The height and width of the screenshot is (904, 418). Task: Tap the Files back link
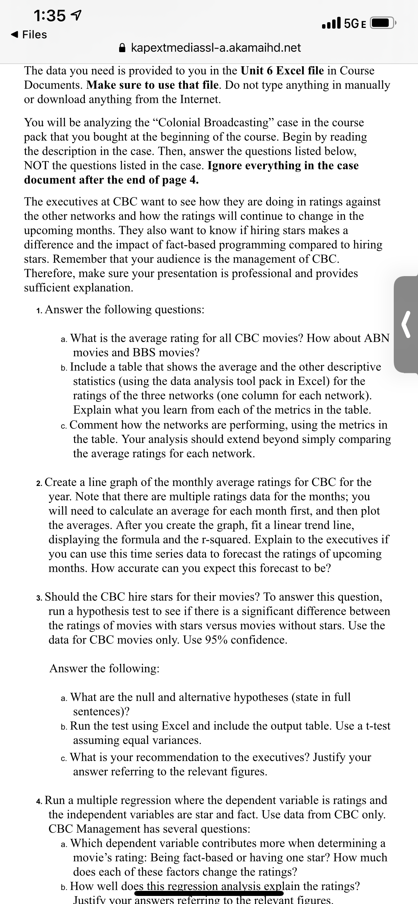[x=30, y=34]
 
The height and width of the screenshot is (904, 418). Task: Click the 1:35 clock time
[x=49, y=15]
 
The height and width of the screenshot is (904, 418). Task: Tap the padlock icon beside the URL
[x=122, y=47]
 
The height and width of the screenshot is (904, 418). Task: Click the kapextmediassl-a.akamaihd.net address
[x=216, y=47]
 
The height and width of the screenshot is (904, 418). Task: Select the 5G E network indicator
[x=355, y=24]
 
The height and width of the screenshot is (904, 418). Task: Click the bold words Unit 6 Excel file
[x=282, y=71]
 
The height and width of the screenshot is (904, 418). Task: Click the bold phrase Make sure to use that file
[x=154, y=85]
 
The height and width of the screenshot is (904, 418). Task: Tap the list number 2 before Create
[x=39, y=483]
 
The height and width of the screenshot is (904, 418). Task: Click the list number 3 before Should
[x=39, y=598]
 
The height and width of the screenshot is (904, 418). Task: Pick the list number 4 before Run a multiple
[x=39, y=800]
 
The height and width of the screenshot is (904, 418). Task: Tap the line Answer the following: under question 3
[x=104, y=668]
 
